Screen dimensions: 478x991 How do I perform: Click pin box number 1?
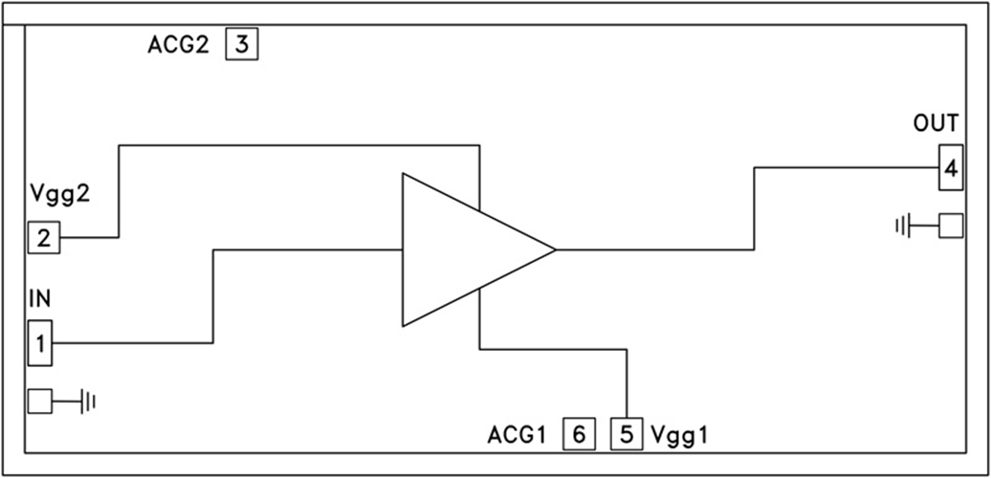coord(39,344)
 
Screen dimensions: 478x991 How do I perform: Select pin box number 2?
coord(43,237)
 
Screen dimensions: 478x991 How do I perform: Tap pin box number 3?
coord(242,44)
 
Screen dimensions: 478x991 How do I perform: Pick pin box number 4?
coord(950,169)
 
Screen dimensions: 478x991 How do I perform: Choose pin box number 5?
coord(626,435)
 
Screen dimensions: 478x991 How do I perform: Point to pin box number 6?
coord(578,435)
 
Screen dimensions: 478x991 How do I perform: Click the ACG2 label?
coord(178,45)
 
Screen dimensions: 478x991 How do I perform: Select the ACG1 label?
coord(517,436)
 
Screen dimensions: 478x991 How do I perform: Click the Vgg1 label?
coord(681,436)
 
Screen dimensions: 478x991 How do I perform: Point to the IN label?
coord(39,299)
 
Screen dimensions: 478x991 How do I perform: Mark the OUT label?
coord(936,123)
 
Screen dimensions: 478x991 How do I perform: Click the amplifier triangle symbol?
coord(459,250)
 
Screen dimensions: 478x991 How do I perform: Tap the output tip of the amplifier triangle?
coord(554,250)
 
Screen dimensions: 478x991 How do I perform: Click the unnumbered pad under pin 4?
coord(950,226)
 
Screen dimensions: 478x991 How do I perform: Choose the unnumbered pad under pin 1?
coord(39,402)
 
